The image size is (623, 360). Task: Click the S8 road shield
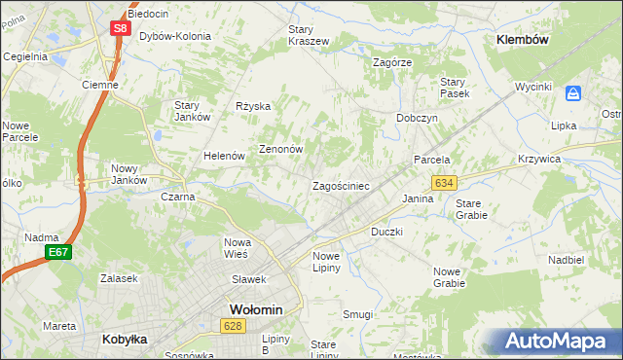119,28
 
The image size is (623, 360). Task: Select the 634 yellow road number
445,182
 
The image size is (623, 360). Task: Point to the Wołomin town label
255,309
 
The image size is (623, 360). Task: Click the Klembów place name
524,40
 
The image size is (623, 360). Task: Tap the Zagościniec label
340,185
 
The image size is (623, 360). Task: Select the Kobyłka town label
124,340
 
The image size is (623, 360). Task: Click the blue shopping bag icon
573,93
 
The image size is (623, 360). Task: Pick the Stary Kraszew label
308,35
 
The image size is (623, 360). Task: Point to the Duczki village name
386,233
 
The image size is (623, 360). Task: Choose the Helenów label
223,156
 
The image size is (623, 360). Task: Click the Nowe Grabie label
449,277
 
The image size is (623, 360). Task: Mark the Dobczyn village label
417,117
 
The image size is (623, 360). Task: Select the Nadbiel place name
566,261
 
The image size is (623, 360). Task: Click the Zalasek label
118,277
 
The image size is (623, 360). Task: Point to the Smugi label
357,314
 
